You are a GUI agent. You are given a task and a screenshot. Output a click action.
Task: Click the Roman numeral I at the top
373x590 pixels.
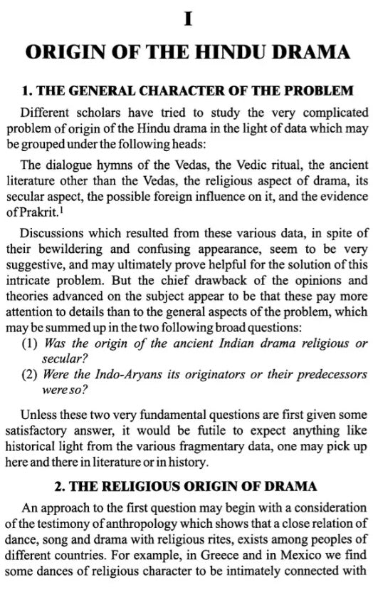click(x=187, y=19)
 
